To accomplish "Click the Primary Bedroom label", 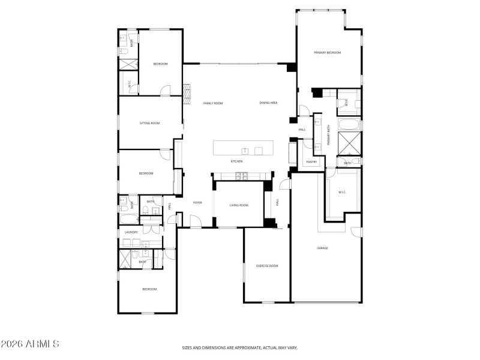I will tap(327, 53).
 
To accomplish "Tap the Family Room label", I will tap(213, 103).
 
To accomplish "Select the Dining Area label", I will tap(268, 103).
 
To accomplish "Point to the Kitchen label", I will tap(237, 161).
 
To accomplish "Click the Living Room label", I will tap(239, 205).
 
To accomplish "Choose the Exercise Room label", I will tap(267, 265).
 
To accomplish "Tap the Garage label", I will tap(322, 248).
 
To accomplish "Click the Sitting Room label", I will tap(150, 123).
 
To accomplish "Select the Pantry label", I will tap(311, 162).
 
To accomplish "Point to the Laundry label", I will tap(131, 232).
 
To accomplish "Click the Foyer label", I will tap(197, 203).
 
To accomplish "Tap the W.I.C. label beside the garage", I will tap(342, 192).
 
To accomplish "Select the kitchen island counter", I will tap(243, 148).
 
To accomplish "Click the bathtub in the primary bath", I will tap(349, 125).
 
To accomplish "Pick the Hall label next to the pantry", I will tap(302, 129).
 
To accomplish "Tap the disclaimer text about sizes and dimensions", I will tap(240, 347).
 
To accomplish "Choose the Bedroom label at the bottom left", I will tap(149, 289).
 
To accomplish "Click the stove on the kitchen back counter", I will tap(240, 175).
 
